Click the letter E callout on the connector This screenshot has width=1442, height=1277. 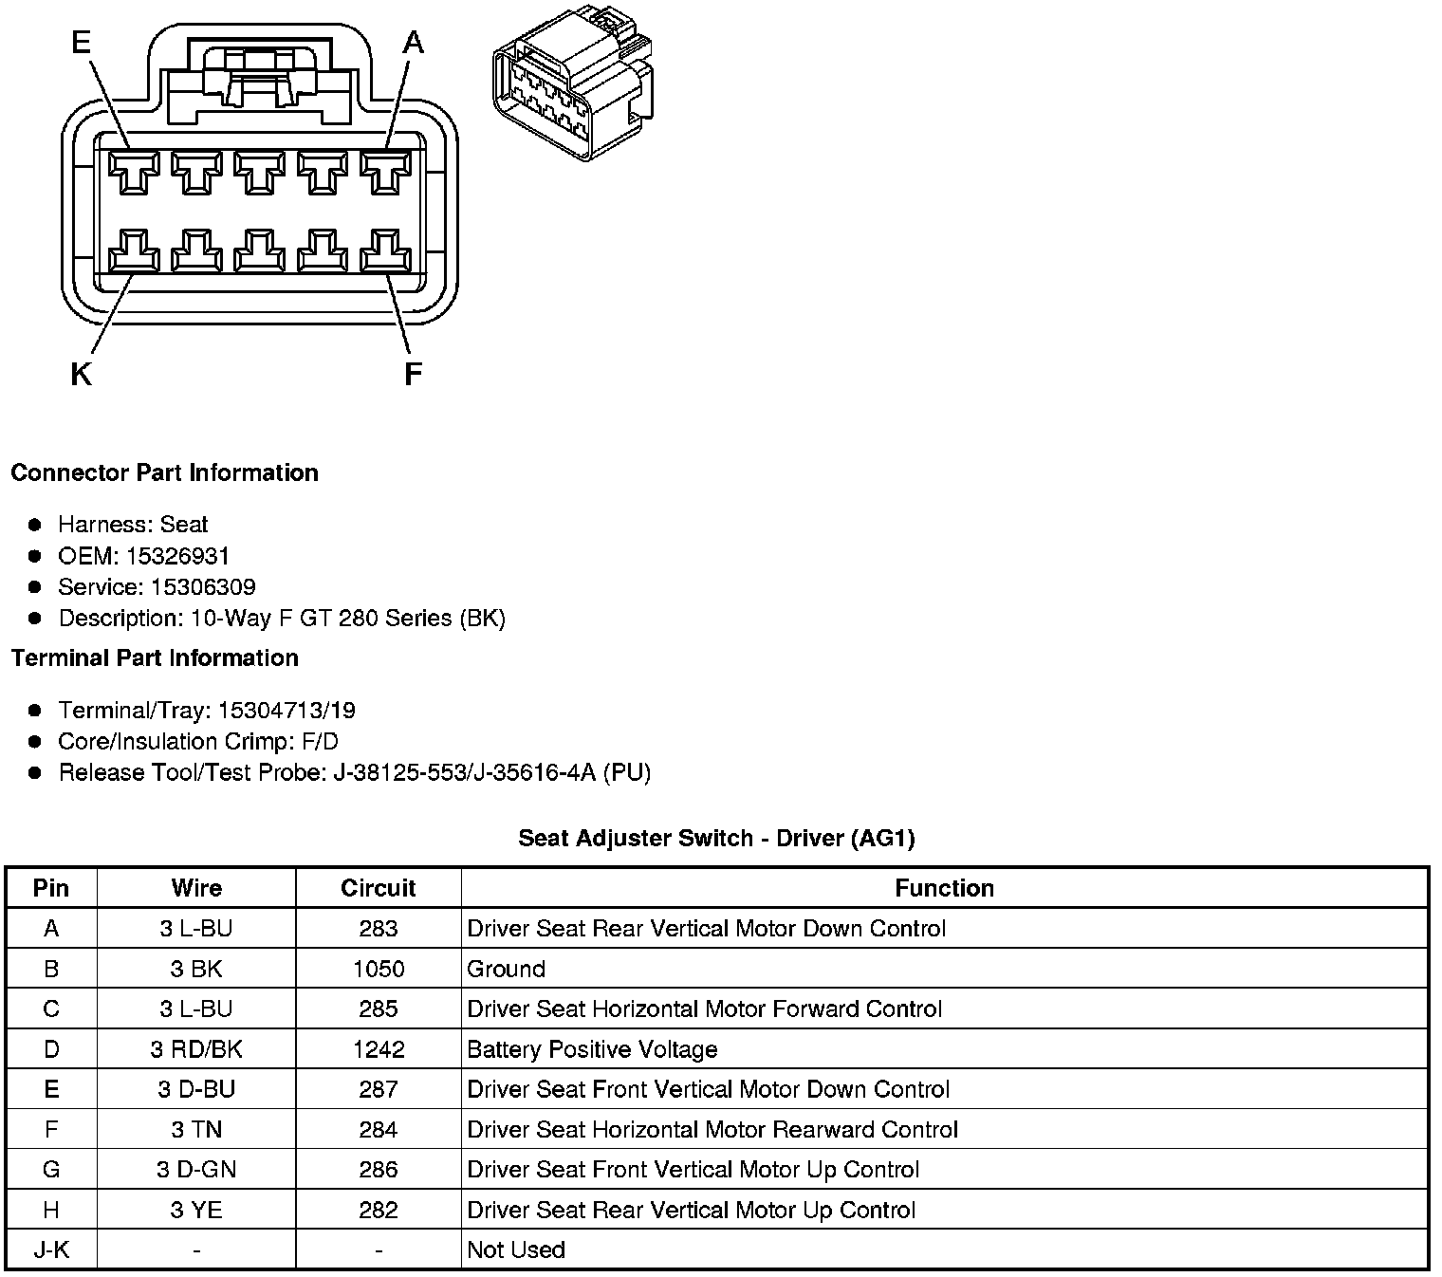pos(82,43)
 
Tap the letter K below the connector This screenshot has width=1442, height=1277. pos(81,376)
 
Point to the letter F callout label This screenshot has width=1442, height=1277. pos(413,376)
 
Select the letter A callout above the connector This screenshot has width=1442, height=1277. pos(414,43)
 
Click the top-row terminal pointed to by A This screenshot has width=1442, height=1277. pos(385,172)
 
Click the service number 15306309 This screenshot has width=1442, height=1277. pos(203,587)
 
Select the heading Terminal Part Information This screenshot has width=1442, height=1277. pos(155,658)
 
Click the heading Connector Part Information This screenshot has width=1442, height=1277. pos(164,473)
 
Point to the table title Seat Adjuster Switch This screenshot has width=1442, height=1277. pos(716,839)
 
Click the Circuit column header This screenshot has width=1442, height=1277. pos(378,888)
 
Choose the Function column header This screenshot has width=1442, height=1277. pos(944,888)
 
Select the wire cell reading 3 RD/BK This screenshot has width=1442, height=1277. pos(196,1049)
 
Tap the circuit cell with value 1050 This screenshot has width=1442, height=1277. pos(378,970)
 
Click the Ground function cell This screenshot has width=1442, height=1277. pos(507,970)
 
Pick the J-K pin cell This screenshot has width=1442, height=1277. pos(51,1250)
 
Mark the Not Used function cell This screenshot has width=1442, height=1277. pos(516,1250)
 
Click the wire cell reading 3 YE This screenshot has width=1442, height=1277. pos(196,1211)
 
